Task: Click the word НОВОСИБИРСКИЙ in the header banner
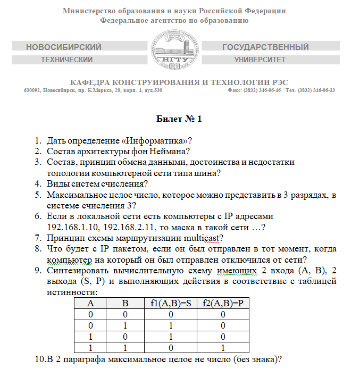click(x=63, y=47)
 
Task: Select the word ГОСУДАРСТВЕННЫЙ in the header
click(x=265, y=47)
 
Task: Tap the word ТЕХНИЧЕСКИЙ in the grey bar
click(x=66, y=60)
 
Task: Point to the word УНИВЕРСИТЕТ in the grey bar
click(x=260, y=60)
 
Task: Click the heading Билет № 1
click(x=179, y=118)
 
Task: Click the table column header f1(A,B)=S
click(x=170, y=305)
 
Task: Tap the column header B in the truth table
click(x=125, y=305)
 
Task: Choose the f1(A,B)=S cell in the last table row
click(x=170, y=347)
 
